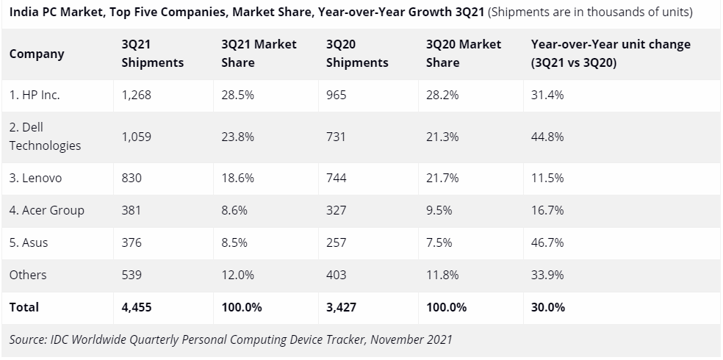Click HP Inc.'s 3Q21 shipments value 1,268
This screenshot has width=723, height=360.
point(136,96)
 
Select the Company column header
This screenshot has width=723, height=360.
point(37,54)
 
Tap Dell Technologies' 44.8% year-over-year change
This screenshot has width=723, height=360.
point(547,137)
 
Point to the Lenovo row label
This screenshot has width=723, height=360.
point(35,178)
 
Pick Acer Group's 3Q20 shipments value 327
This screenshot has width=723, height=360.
point(335,210)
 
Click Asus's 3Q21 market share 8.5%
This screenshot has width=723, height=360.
point(236,242)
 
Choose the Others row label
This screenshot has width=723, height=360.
point(28,275)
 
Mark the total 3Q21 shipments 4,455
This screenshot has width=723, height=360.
point(137,307)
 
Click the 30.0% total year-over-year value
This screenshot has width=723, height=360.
point(548,307)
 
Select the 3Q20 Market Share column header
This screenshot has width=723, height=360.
point(463,54)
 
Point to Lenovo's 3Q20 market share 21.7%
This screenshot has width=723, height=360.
point(442,178)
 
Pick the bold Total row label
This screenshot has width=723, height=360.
point(24,307)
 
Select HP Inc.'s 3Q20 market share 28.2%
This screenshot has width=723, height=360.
point(442,96)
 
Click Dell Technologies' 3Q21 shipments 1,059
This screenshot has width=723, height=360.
point(136,137)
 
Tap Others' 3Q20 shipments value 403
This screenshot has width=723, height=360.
point(336,275)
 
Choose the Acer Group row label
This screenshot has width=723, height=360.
point(47,210)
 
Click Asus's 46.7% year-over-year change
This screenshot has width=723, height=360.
point(547,242)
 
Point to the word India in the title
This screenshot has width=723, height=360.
point(24,12)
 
